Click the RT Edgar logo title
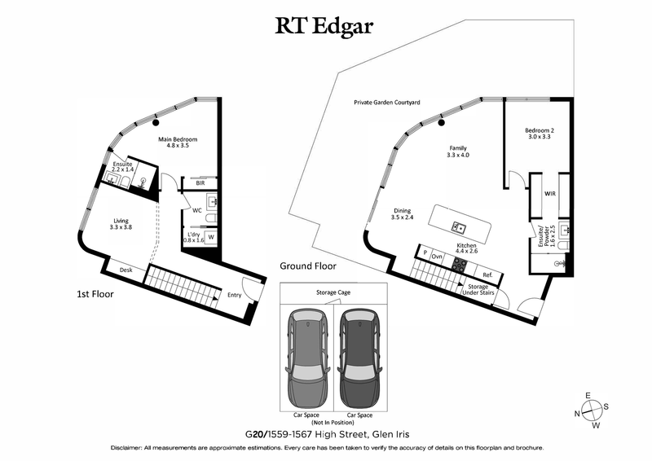pyautogui.click(x=326, y=26)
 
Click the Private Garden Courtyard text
pyautogui.click(x=386, y=103)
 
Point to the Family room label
pyautogui.click(x=459, y=151)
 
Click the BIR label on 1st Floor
pyautogui.click(x=200, y=184)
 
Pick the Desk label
pyautogui.click(x=126, y=270)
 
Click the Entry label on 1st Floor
pyautogui.click(x=235, y=296)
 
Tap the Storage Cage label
pyautogui.click(x=333, y=292)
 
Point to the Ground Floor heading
pyautogui.click(x=308, y=266)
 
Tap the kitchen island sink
pyautogui.click(x=459, y=227)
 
